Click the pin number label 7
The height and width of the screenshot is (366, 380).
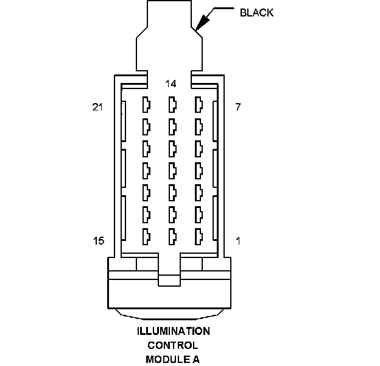tap(237, 107)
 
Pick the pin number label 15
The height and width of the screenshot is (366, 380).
tap(98, 241)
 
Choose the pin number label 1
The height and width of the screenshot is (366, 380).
tap(237, 241)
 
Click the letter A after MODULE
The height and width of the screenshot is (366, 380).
tap(196, 359)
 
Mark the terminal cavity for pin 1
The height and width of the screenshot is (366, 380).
tap(198, 236)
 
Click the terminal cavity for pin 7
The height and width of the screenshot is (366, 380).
tap(198, 104)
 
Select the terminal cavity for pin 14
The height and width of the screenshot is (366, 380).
tap(172, 104)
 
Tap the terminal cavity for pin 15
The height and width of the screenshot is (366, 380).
tap(146, 236)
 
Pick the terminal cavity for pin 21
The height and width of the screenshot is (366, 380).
tap(146, 104)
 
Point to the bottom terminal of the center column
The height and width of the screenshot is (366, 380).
tap(172, 236)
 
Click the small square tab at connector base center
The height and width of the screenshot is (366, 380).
tap(170, 280)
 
